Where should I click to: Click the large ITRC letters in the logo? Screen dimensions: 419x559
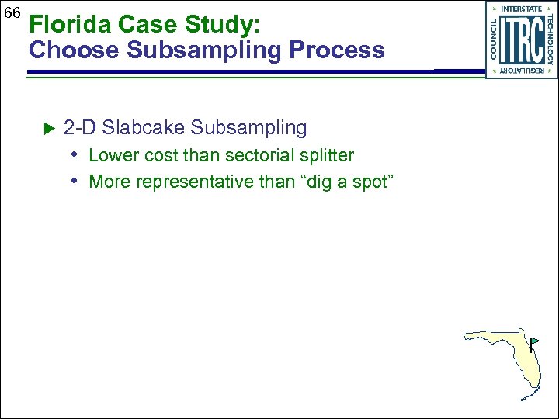pos(521,40)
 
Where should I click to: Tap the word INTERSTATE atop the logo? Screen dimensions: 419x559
pos(521,9)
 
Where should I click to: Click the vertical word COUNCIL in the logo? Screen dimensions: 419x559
pos(494,40)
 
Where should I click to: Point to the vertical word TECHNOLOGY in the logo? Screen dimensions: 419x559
pos(550,40)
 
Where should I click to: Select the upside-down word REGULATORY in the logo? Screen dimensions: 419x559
pos(521,71)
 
